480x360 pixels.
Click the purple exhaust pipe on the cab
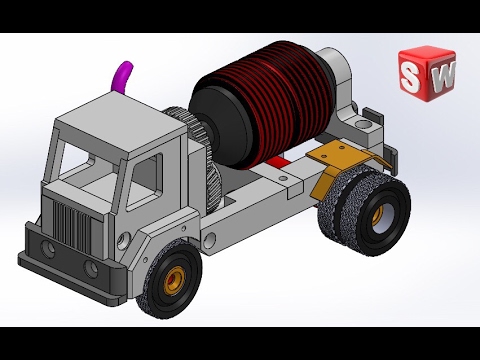(121, 77)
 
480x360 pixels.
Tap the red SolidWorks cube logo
(427, 74)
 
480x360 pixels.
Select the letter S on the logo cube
(410, 77)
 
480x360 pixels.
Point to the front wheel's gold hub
(175, 280)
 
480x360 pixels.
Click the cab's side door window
(145, 182)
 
